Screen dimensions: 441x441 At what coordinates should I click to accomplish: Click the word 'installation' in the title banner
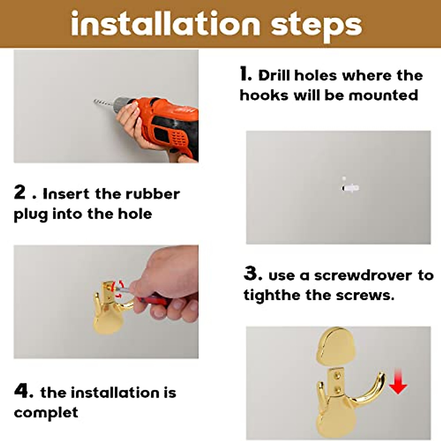[x=165, y=24]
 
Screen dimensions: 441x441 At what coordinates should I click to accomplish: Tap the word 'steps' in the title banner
[x=316, y=27]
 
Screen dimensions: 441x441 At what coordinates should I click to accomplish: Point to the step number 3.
[x=253, y=273]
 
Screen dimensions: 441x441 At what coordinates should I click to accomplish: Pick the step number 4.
[x=24, y=391]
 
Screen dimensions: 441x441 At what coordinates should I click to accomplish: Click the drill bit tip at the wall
[x=94, y=101]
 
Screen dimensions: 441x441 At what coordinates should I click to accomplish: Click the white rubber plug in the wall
[x=350, y=188]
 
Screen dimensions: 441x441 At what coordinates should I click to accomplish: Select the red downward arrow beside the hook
[x=398, y=385]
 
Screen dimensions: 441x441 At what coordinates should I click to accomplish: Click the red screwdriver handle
[x=154, y=300]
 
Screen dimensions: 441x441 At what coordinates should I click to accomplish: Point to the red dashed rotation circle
[x=118, y=290]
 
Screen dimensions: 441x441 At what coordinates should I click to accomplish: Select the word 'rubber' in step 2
[x=153, y=194]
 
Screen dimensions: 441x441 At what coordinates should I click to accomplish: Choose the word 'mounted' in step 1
[x=383, y=95]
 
